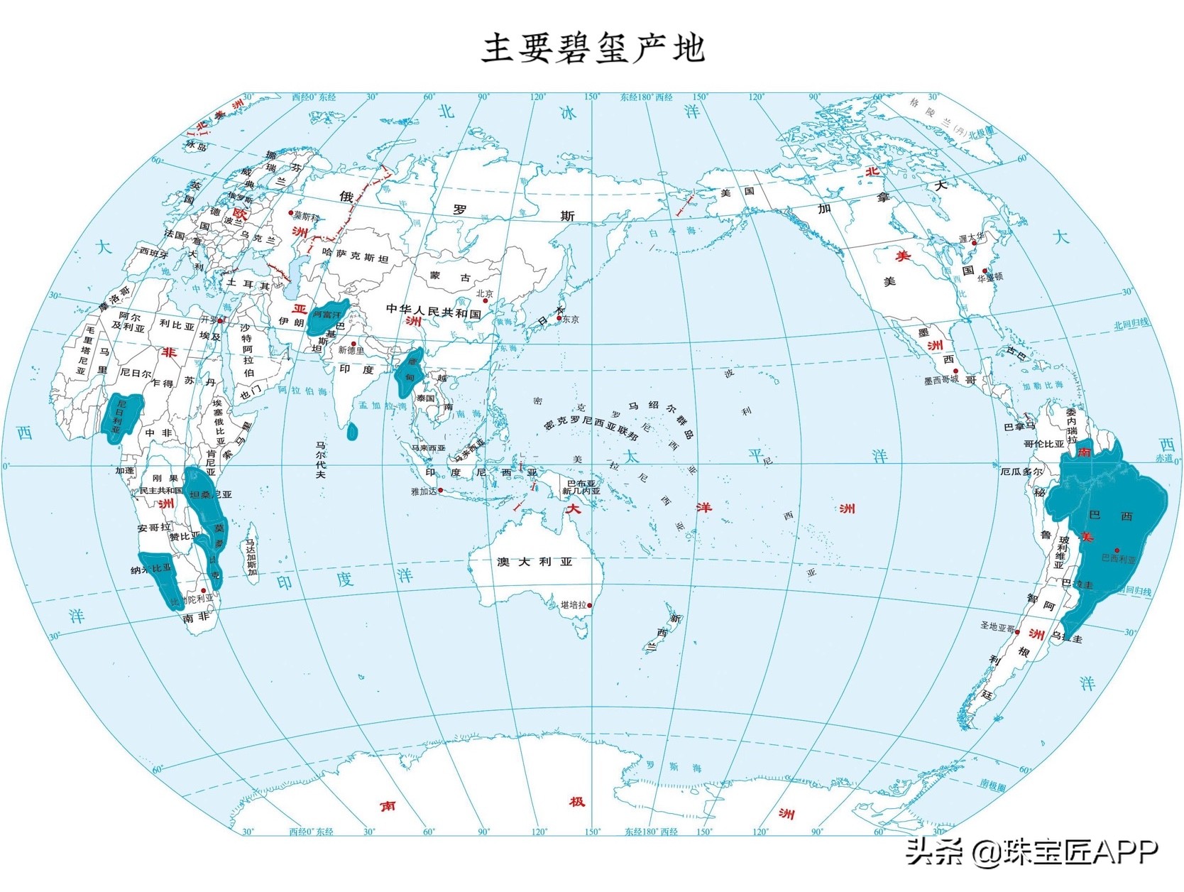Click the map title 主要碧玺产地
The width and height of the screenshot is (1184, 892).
tap(593, 48)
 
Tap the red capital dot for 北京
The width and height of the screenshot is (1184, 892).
tap(486, 301)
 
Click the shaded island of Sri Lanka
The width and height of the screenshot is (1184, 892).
tap(353, 431)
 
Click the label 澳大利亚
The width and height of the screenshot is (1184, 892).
tap(534, 562)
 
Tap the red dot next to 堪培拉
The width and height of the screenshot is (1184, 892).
tap(590, 606)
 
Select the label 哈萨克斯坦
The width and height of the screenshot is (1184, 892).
tap(355, 256)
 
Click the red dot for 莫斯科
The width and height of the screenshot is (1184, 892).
tap(290, 213)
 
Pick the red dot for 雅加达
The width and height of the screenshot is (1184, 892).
tap(441, 490)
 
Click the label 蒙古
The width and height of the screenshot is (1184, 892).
tap(450, 276)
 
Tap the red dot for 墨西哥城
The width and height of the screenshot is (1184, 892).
tap(956, 371)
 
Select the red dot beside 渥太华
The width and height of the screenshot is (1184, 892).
tap(975, 244)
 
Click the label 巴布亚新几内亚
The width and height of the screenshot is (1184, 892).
tap(581, 486)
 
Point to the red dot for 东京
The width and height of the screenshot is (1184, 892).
tap(559, 319)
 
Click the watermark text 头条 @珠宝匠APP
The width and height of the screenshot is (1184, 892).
tap(1031, 851)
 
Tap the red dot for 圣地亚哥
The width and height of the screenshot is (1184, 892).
tap(1017, 631)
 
